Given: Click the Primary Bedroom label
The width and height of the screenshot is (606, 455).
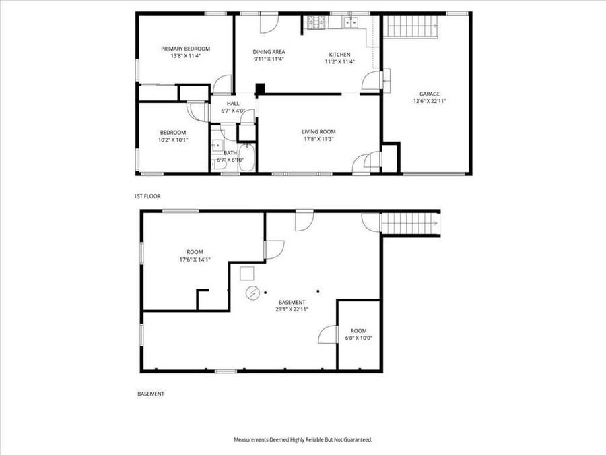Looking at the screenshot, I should click(x=185, y=49).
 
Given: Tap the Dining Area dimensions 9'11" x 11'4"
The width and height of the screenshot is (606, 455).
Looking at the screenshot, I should click(x=269, y=59).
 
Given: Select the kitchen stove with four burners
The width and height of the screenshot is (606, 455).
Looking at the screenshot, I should click(x=315, y=22).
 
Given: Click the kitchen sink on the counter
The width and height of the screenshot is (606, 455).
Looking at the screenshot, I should click(x=350, y=22).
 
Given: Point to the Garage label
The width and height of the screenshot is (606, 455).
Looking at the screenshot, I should click(x=430, y=94).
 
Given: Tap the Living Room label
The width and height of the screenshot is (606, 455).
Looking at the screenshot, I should click(x=318, y=132).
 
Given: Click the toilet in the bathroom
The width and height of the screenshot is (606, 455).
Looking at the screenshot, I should click(x=217, y=145).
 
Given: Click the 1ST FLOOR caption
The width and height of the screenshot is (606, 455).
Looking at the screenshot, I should click(x=147, y=196).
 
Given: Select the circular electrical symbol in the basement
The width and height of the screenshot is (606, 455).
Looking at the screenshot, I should click(x=252, y=293).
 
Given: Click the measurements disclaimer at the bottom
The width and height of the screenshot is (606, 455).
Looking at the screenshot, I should click(x=302, y=439).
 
